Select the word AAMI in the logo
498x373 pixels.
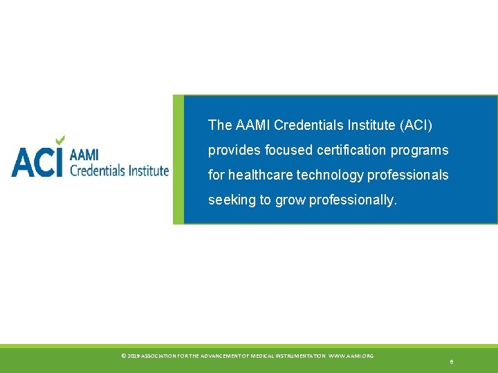[x=84, y=156]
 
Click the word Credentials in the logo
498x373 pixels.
[x=98, y=170]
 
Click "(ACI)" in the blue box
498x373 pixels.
[x=415, y=125]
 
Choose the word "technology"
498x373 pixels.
[x=330, y=175]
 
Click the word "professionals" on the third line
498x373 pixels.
[x=407, y=175]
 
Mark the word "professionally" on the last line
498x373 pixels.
[x=353, y=200]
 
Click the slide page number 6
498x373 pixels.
[x=451, y=362]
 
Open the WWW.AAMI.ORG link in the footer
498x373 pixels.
[x=351, y=356]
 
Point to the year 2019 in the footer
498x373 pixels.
[x=133, y=356]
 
